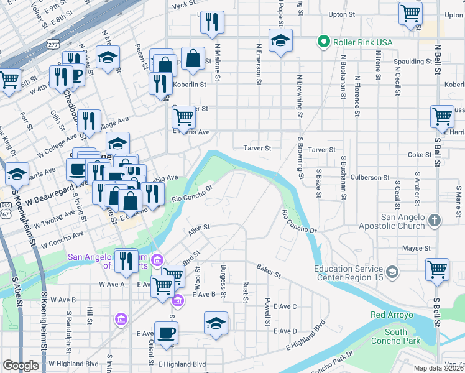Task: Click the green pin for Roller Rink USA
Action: point(323,42)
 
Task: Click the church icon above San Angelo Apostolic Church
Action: point(435,220)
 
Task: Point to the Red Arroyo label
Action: point(392,315)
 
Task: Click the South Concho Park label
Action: point(395,336)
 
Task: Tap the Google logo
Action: point(21,366)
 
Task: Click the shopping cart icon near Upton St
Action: point(411,13)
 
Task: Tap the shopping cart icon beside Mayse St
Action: point(438,269)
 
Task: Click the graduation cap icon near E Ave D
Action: point(216,323)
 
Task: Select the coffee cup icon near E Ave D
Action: point(166,332)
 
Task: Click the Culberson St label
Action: point(369,178)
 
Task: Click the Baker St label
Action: point(269,272)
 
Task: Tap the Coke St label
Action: point(420,155)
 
